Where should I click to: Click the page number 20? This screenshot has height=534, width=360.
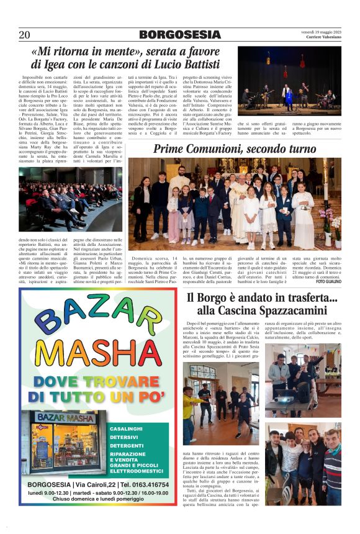point(24,34)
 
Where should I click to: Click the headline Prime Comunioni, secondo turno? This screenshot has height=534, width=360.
point(235,149)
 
